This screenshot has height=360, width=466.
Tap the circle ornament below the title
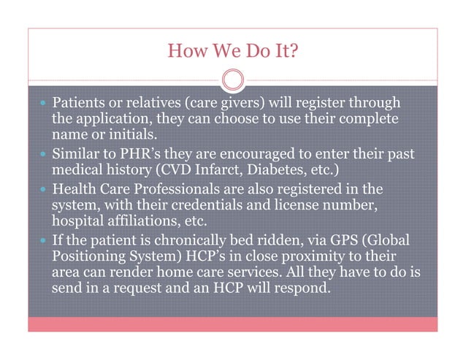(232, 80)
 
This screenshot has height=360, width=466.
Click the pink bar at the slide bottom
(232, 324)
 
